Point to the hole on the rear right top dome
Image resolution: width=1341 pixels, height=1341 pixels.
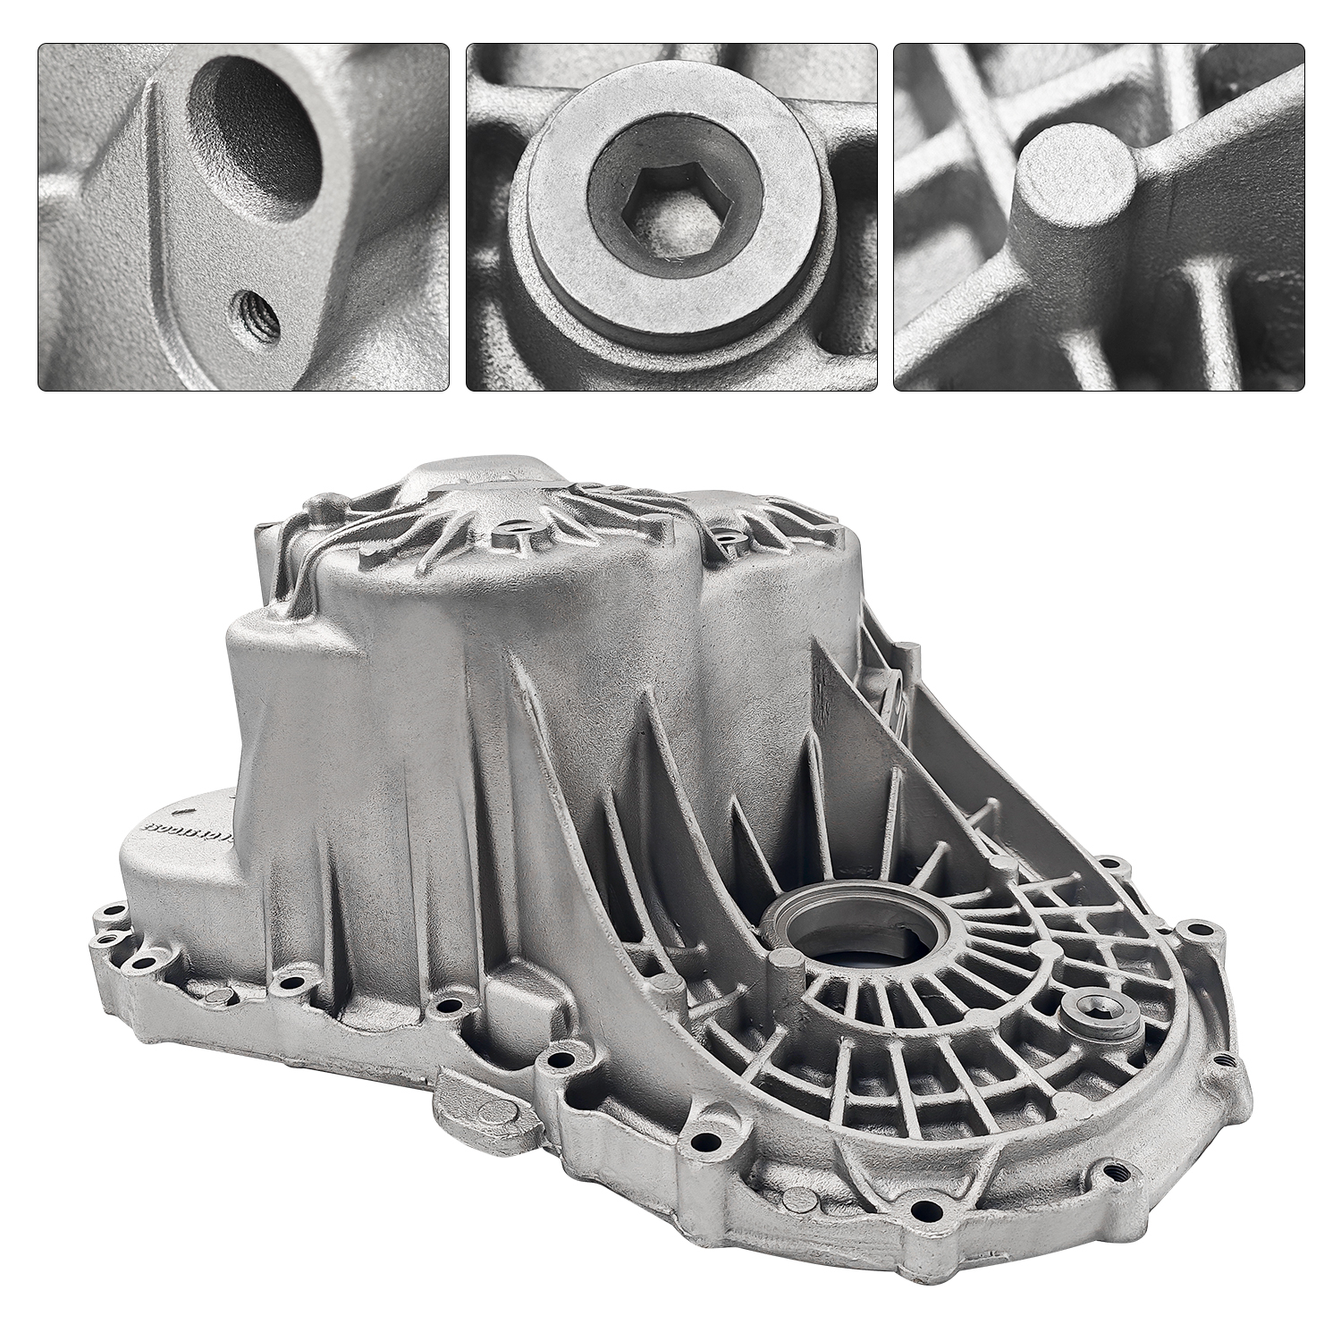tap(726, 536)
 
